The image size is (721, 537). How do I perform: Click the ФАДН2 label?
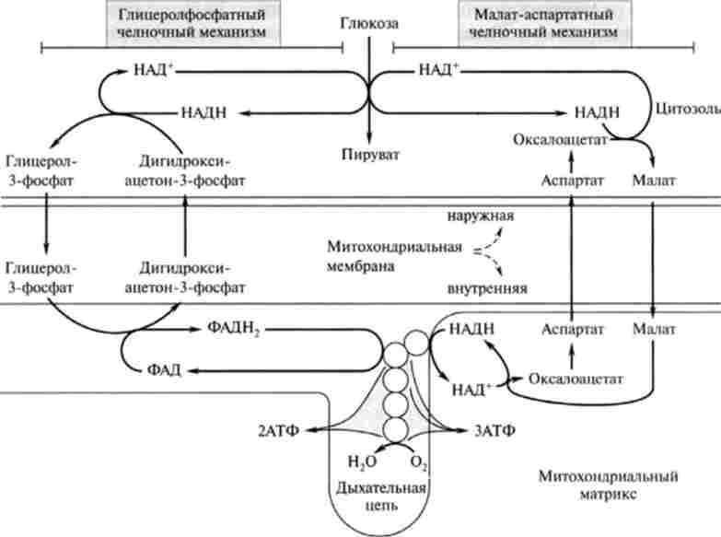click(x=221, y=329)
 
